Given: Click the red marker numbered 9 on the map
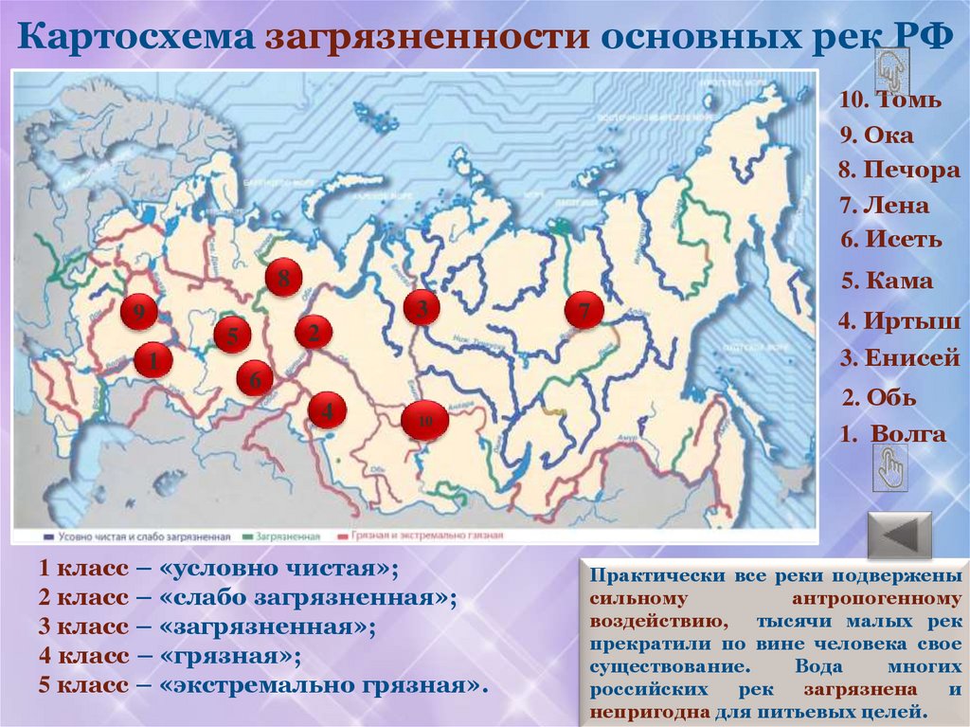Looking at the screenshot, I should [138, 312].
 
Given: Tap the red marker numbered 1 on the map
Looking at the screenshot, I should [153, 360].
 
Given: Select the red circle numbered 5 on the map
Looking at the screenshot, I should [231, 335].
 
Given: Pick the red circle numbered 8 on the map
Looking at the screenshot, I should [283, 278].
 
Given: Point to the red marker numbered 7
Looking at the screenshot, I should [584, 310].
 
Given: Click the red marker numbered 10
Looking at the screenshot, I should [425, 420].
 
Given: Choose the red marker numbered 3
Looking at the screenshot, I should [422, 307].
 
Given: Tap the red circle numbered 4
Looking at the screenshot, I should [327, 410].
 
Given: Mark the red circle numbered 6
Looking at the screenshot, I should [255, 380].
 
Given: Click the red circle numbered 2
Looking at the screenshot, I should [313, 332].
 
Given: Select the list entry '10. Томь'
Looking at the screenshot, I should [889, 100].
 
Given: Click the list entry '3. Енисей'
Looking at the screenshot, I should [900, 359].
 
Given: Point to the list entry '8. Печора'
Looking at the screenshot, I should [898, 172].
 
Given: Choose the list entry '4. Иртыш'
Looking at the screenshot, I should [899, 321].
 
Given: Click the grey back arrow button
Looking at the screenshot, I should [900, 536].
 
